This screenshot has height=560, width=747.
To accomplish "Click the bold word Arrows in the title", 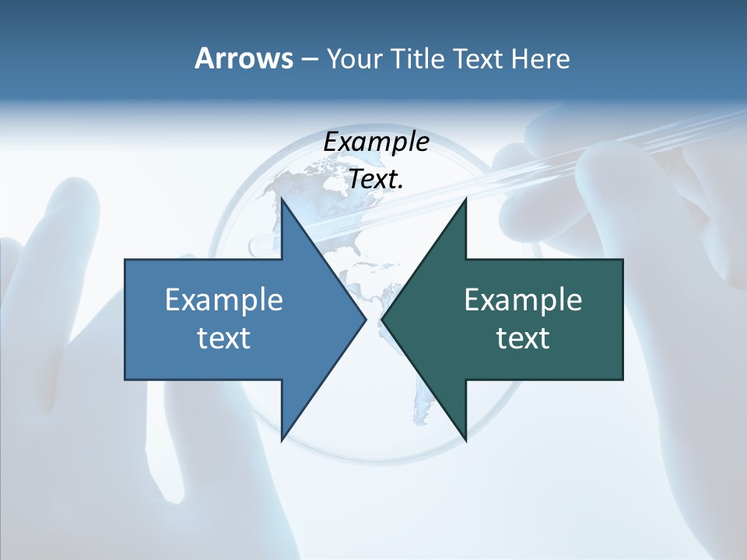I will pos(243,58).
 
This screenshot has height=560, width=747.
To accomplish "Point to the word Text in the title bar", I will pos(479,59).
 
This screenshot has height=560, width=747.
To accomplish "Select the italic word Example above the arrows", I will pos(377,142).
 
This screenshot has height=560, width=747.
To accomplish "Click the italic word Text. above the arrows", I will pos(377,180).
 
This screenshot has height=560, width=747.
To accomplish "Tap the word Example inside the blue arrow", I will pos(224,300).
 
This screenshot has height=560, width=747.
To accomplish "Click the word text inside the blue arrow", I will pos(224,338).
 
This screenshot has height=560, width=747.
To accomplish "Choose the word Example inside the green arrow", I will pos(523,300).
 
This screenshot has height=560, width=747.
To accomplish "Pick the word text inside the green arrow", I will pos(523,338).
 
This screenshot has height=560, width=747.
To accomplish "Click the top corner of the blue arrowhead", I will pos(282,201).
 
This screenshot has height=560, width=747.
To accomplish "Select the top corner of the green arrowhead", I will pos(465,201).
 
